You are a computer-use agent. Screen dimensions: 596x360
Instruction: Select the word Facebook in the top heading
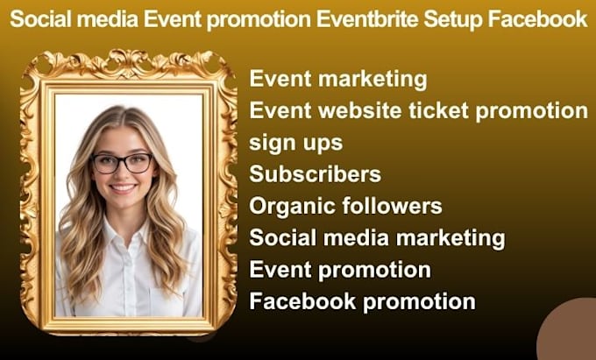coord(537,19)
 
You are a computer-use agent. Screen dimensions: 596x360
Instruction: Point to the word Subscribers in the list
coord(316,174)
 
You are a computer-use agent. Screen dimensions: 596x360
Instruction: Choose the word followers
coord(392,206)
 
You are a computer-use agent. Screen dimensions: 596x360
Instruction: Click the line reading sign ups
coord(295,144)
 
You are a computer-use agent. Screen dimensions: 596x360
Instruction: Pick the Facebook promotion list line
coord(362,302)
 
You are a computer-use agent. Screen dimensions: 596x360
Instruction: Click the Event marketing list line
coord(338,80)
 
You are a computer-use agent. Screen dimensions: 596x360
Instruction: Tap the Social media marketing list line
coord(377,238)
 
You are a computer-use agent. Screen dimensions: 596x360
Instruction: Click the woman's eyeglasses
coord(123,163)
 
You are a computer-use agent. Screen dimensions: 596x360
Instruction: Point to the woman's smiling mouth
coord(123,188)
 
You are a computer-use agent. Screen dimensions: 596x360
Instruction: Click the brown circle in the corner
coord(568,329)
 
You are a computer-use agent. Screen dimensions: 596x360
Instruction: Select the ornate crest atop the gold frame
coord(129,64)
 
